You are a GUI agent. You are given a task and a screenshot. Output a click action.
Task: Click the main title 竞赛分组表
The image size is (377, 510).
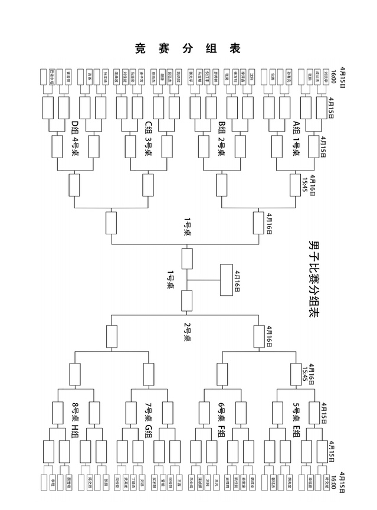pos(188,48)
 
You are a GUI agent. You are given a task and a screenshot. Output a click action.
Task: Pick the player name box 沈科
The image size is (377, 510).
pos(252,77)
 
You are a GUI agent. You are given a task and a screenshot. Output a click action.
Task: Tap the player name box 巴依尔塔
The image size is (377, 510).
pos(52,77)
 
